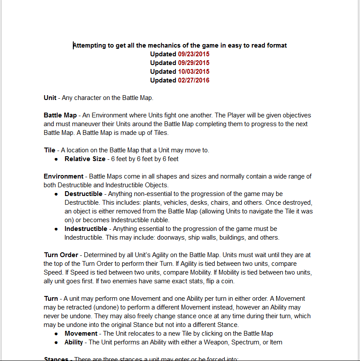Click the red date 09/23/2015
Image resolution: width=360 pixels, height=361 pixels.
pos(194,54)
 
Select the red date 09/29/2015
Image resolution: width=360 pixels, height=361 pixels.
pos(194,63)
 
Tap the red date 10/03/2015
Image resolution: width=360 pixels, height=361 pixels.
pos(194,72)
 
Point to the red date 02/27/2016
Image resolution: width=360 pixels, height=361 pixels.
pos(194,80)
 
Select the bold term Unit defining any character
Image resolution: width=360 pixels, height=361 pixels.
pos(50,98)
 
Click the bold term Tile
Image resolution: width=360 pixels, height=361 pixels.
pos(49,150)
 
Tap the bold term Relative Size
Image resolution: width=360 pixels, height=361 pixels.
pos(85,159)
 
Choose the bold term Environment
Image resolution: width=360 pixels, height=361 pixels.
pos(63,176)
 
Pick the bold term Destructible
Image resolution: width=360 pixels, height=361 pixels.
pos(83,194)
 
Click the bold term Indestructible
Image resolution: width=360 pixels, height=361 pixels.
pos(86,229)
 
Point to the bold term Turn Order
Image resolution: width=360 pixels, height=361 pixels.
pos(61,255)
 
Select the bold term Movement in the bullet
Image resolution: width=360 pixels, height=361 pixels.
pos(81,333)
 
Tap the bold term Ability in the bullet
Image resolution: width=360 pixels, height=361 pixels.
pos(75,342)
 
